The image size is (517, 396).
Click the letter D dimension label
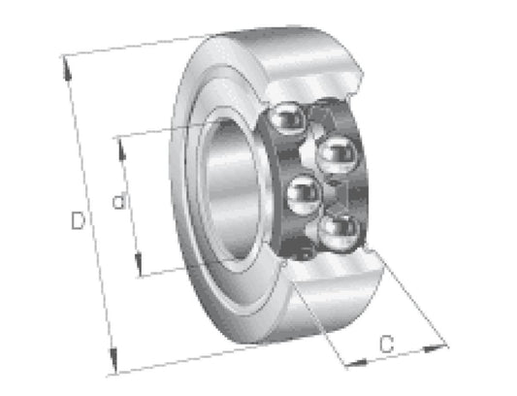78,220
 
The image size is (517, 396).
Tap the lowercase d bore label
119,201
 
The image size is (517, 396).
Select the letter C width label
386,345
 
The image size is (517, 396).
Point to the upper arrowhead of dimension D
67,69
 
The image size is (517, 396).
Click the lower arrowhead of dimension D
113,361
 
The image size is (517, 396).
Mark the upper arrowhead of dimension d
121,148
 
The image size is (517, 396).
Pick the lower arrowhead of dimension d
139,264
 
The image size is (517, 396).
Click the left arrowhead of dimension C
355,363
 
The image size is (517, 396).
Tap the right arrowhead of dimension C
435,348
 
